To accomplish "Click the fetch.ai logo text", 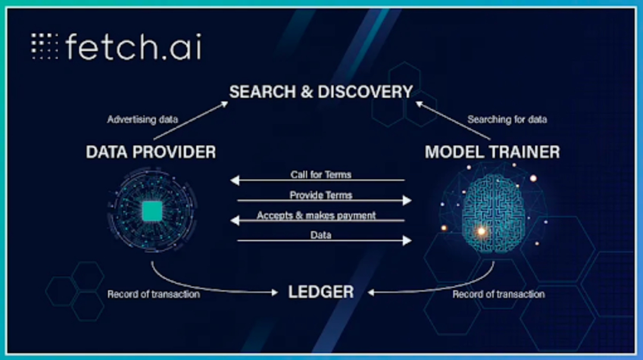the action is point(133,47).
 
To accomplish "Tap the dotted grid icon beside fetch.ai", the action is point(44,46).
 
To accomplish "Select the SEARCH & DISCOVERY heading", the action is point(321,92).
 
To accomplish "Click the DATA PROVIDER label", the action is point(151,152).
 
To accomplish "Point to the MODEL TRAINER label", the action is point(492,152).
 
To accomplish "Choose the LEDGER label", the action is point(321,292).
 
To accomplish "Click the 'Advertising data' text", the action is point(142,120).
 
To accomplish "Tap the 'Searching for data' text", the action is point(507,120).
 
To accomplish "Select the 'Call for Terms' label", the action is point(321,174).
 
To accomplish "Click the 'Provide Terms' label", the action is point(321,195).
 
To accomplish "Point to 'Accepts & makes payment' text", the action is point(316,215).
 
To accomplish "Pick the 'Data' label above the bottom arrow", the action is point(321,235).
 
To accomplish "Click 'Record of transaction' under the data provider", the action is point(154,294).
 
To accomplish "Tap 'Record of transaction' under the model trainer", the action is point(499,294).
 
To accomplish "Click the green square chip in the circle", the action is point(152,211).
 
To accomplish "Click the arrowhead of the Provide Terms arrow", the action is point(407,201).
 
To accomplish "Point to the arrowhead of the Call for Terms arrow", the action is point(235,180).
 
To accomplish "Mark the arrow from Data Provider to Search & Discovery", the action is point(191,121).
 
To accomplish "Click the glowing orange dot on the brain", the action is point(482,231).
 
